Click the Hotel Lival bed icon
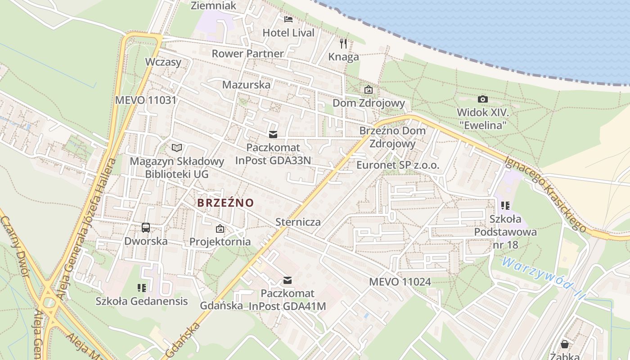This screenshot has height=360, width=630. (288, 19)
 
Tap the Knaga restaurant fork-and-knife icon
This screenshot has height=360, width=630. (343, 44)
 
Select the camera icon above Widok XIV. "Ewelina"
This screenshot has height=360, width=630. (482, 99)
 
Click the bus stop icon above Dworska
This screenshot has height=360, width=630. (146, 228)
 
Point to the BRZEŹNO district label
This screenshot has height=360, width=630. (225, 203)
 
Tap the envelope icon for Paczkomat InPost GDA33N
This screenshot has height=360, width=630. (273, 135)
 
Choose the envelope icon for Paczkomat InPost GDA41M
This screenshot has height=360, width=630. (288, 281)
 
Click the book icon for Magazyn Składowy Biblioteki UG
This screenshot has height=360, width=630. (177, 148)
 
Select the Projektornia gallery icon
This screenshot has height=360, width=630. (220, 229)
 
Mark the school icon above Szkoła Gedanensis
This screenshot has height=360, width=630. (142, 288)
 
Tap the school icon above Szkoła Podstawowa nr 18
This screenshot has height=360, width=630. (505, 206)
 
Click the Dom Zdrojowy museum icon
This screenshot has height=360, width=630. (369, 90)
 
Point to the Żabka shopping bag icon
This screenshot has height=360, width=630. (565, 344)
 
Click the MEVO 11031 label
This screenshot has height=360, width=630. (146, 100)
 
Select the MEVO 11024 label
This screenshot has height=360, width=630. (400, 282)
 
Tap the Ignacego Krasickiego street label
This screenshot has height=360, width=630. (545, 194)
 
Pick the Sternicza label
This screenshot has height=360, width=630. (298, 222)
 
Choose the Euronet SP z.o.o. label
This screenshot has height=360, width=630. (398, 165)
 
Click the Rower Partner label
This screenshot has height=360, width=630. (247, 54)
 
